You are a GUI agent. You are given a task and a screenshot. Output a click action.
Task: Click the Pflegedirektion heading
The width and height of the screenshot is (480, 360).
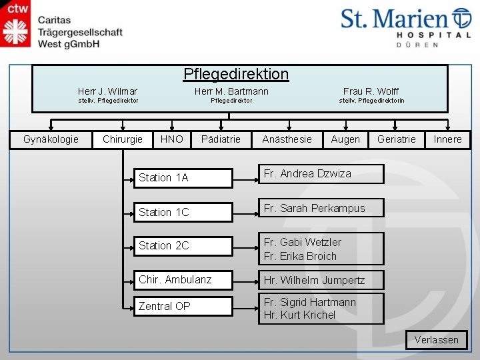[x=236, y=74]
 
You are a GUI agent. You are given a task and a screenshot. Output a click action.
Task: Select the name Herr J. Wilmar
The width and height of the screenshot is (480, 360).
[x=107, y=91]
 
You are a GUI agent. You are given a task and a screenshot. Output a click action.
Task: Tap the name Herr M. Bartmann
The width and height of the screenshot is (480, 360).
[x=231, y=91]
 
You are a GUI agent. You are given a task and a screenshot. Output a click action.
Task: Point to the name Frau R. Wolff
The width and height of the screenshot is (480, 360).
[x=371, y=91]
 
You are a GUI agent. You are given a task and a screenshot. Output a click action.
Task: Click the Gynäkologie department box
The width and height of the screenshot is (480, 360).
[x=51, y=139]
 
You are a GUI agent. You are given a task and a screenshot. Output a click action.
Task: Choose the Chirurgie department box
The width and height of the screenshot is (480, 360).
[x=122, y=139]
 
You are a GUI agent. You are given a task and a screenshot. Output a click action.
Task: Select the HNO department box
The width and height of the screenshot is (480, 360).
[x=171, y=139]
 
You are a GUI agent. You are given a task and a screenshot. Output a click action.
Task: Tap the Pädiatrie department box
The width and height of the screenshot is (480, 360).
[x=221, y=139]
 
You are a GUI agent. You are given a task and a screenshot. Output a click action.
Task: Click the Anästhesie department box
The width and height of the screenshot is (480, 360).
[x=287, y=139]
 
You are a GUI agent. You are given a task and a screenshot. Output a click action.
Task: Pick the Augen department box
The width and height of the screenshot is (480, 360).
[x=345, y=139]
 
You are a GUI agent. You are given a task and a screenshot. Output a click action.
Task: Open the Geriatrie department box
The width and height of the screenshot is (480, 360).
[x=396, y=139]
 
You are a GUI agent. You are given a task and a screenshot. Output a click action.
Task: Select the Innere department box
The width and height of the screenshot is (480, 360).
[x=447, y=139]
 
